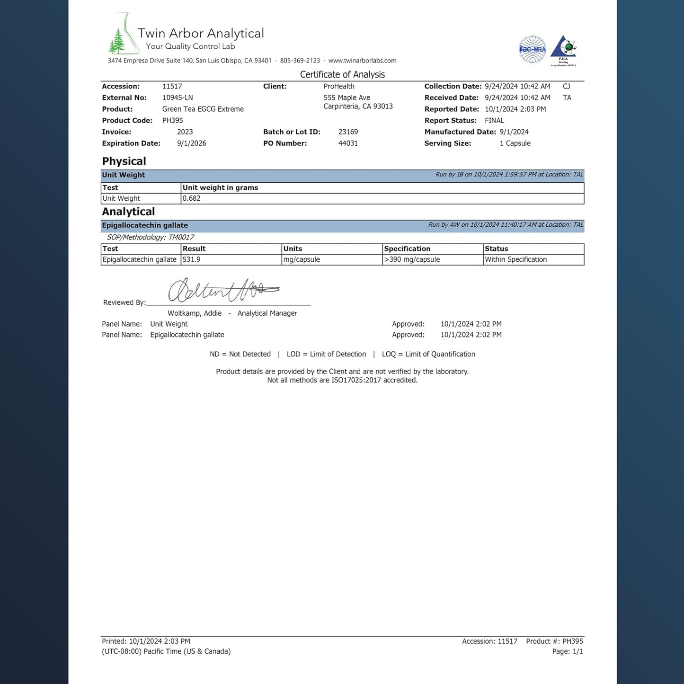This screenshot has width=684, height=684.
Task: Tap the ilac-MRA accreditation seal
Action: coord(532,49)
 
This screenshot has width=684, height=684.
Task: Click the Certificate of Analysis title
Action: coord(342,74)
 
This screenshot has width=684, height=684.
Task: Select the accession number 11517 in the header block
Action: coord(172,86)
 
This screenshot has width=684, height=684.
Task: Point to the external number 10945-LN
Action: coord(178,98)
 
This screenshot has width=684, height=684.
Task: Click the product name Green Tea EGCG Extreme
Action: coord(203,109)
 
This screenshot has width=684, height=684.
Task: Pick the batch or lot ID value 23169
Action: coord(348,132)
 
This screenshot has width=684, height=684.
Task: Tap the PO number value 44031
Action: coord(348,143)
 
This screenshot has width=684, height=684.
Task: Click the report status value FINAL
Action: coord(494,120)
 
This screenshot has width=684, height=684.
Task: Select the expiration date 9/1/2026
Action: coord(191,143)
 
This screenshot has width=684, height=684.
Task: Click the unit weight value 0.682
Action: coord(191,198)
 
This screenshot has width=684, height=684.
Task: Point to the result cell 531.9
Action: coord(191,259)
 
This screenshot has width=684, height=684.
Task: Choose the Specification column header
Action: coord(407,249)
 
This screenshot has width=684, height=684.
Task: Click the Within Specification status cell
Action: coord(515,259)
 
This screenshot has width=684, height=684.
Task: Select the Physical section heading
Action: coord(124,161)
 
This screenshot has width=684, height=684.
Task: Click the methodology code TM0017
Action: coord(181,237)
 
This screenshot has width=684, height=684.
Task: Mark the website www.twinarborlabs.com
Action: coord(362,61)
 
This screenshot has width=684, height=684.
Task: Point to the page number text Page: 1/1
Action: coord(567,651)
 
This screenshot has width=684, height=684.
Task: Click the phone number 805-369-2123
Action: coord(300,61)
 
